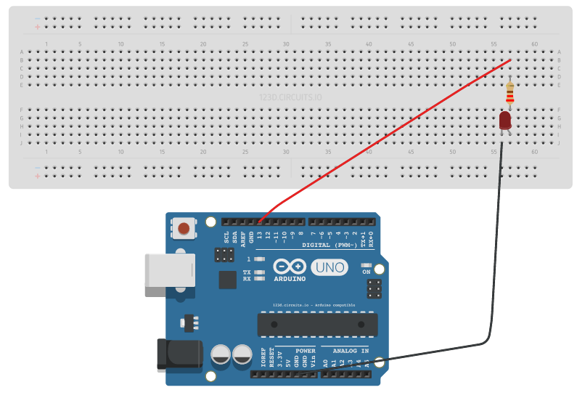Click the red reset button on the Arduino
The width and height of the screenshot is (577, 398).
(184, 230)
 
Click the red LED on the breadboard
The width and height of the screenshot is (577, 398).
(506, 120)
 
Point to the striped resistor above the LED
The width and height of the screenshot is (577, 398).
(510, 92)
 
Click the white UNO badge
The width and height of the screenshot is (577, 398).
(329, 269)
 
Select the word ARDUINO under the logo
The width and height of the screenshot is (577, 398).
(289, 279)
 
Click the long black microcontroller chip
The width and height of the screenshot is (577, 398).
(317, 324)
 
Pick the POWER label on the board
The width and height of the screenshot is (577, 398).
(306, 351)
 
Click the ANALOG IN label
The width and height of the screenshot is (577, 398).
(351, 351)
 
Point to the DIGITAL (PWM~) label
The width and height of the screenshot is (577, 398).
(330, 245)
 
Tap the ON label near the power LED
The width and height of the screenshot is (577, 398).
(367, 272)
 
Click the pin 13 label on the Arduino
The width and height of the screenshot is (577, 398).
(260, 235)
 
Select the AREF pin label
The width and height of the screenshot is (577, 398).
(243, 237)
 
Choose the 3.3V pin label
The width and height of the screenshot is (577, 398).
(280, 360)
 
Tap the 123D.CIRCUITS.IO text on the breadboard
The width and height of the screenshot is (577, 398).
(290, 97)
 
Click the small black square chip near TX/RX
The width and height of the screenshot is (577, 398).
(228, 280)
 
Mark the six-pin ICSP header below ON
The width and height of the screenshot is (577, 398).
(375, 288)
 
